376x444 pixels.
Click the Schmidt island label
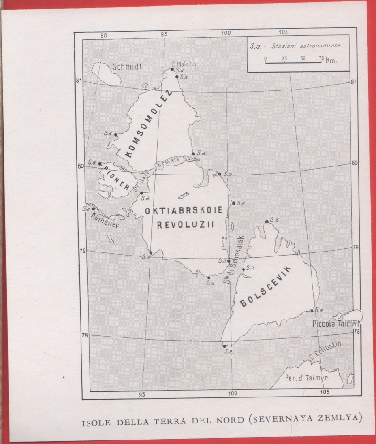click(128, 67)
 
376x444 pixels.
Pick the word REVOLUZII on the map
click(185, 225)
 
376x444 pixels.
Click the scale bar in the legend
click(293, 62)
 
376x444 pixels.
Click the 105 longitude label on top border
click(282, 32)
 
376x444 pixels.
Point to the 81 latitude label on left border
click(79, 81)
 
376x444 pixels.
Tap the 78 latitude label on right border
click(356, 332)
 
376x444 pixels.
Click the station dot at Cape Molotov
click(171, 69)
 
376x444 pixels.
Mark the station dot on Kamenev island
click(93, 209)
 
